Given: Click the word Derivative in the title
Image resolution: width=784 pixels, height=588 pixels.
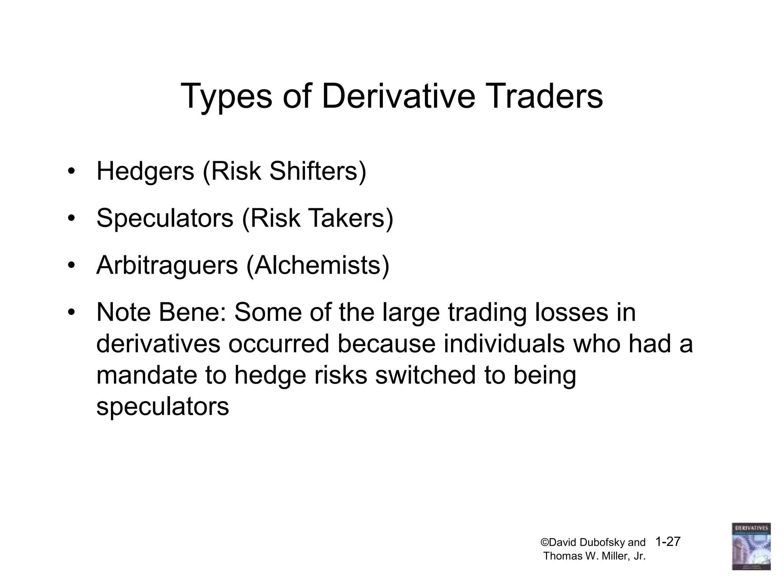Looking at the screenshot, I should [398, 96].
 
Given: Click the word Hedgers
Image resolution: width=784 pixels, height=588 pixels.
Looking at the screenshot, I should [145, 172].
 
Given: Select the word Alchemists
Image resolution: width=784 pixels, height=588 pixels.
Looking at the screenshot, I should [318, 265].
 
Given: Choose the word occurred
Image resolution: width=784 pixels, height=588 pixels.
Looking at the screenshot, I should [279, 344].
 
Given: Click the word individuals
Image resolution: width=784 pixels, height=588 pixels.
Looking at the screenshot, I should [504, 344].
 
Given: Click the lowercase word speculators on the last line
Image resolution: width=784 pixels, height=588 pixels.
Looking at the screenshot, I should [162, 407].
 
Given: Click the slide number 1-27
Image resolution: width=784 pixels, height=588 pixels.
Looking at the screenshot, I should [668, 542].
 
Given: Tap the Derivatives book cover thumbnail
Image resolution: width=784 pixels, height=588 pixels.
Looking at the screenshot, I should [751, 546].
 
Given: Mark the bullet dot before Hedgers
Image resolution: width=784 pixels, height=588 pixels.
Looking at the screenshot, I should [70, 172].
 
